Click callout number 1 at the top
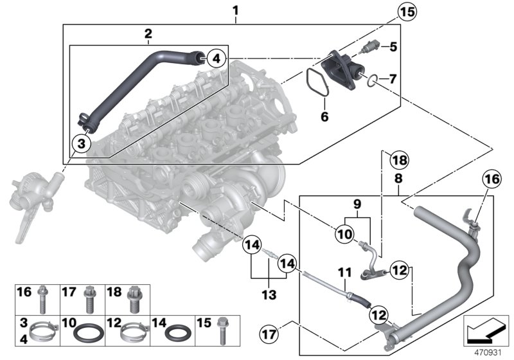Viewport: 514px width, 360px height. pyautogui.click(x=235, y=10)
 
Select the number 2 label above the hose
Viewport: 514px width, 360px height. pyautogui.click(x=148, y=33)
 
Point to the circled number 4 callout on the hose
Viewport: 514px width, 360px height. pyautogui.click(x=217, y=59)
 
